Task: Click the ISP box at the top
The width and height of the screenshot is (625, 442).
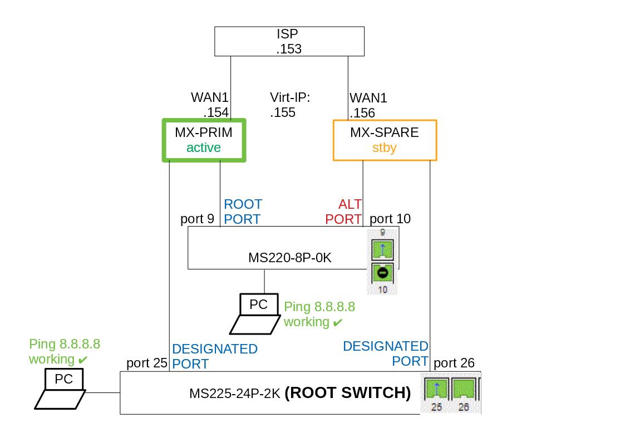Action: pyautogui.click(x=289, y=41)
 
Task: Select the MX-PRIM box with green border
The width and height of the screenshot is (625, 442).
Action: pyautogui.click(x=204, y=140)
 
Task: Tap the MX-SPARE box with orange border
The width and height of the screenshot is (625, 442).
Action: pyautogui.click(x=385, y=140)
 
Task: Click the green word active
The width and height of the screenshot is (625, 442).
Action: pyautogui.click(x=204, y=148)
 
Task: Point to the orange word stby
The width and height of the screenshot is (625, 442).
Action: pyautogui.click(x=385, y=148)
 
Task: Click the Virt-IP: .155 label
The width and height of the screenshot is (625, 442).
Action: pyautogui.click(x=289, y=105)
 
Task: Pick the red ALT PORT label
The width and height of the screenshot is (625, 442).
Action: pyautogui.click(x=343, y=212)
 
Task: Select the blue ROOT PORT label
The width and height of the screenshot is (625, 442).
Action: pyautogui.click(x=243, y=212)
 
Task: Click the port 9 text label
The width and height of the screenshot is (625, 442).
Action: pyautogui.click(x=197, y=219)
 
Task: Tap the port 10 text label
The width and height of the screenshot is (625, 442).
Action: pyautogui.click(x=390, y=219)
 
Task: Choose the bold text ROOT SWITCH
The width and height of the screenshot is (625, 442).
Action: pyautogui.click(x=348, y=393)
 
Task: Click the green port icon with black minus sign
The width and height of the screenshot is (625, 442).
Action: pyautogui.click(x=382, y=273)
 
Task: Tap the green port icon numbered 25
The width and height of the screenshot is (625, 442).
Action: pyautogui.click(x=436, y=389)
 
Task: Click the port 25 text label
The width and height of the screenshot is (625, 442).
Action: pyautogui.click(x=147, y=364)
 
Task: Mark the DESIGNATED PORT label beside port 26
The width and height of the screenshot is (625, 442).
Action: pyautogui.click(x=386, y=353)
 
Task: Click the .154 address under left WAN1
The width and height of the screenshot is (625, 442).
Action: pyautogui.click(x=216, y=112)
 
